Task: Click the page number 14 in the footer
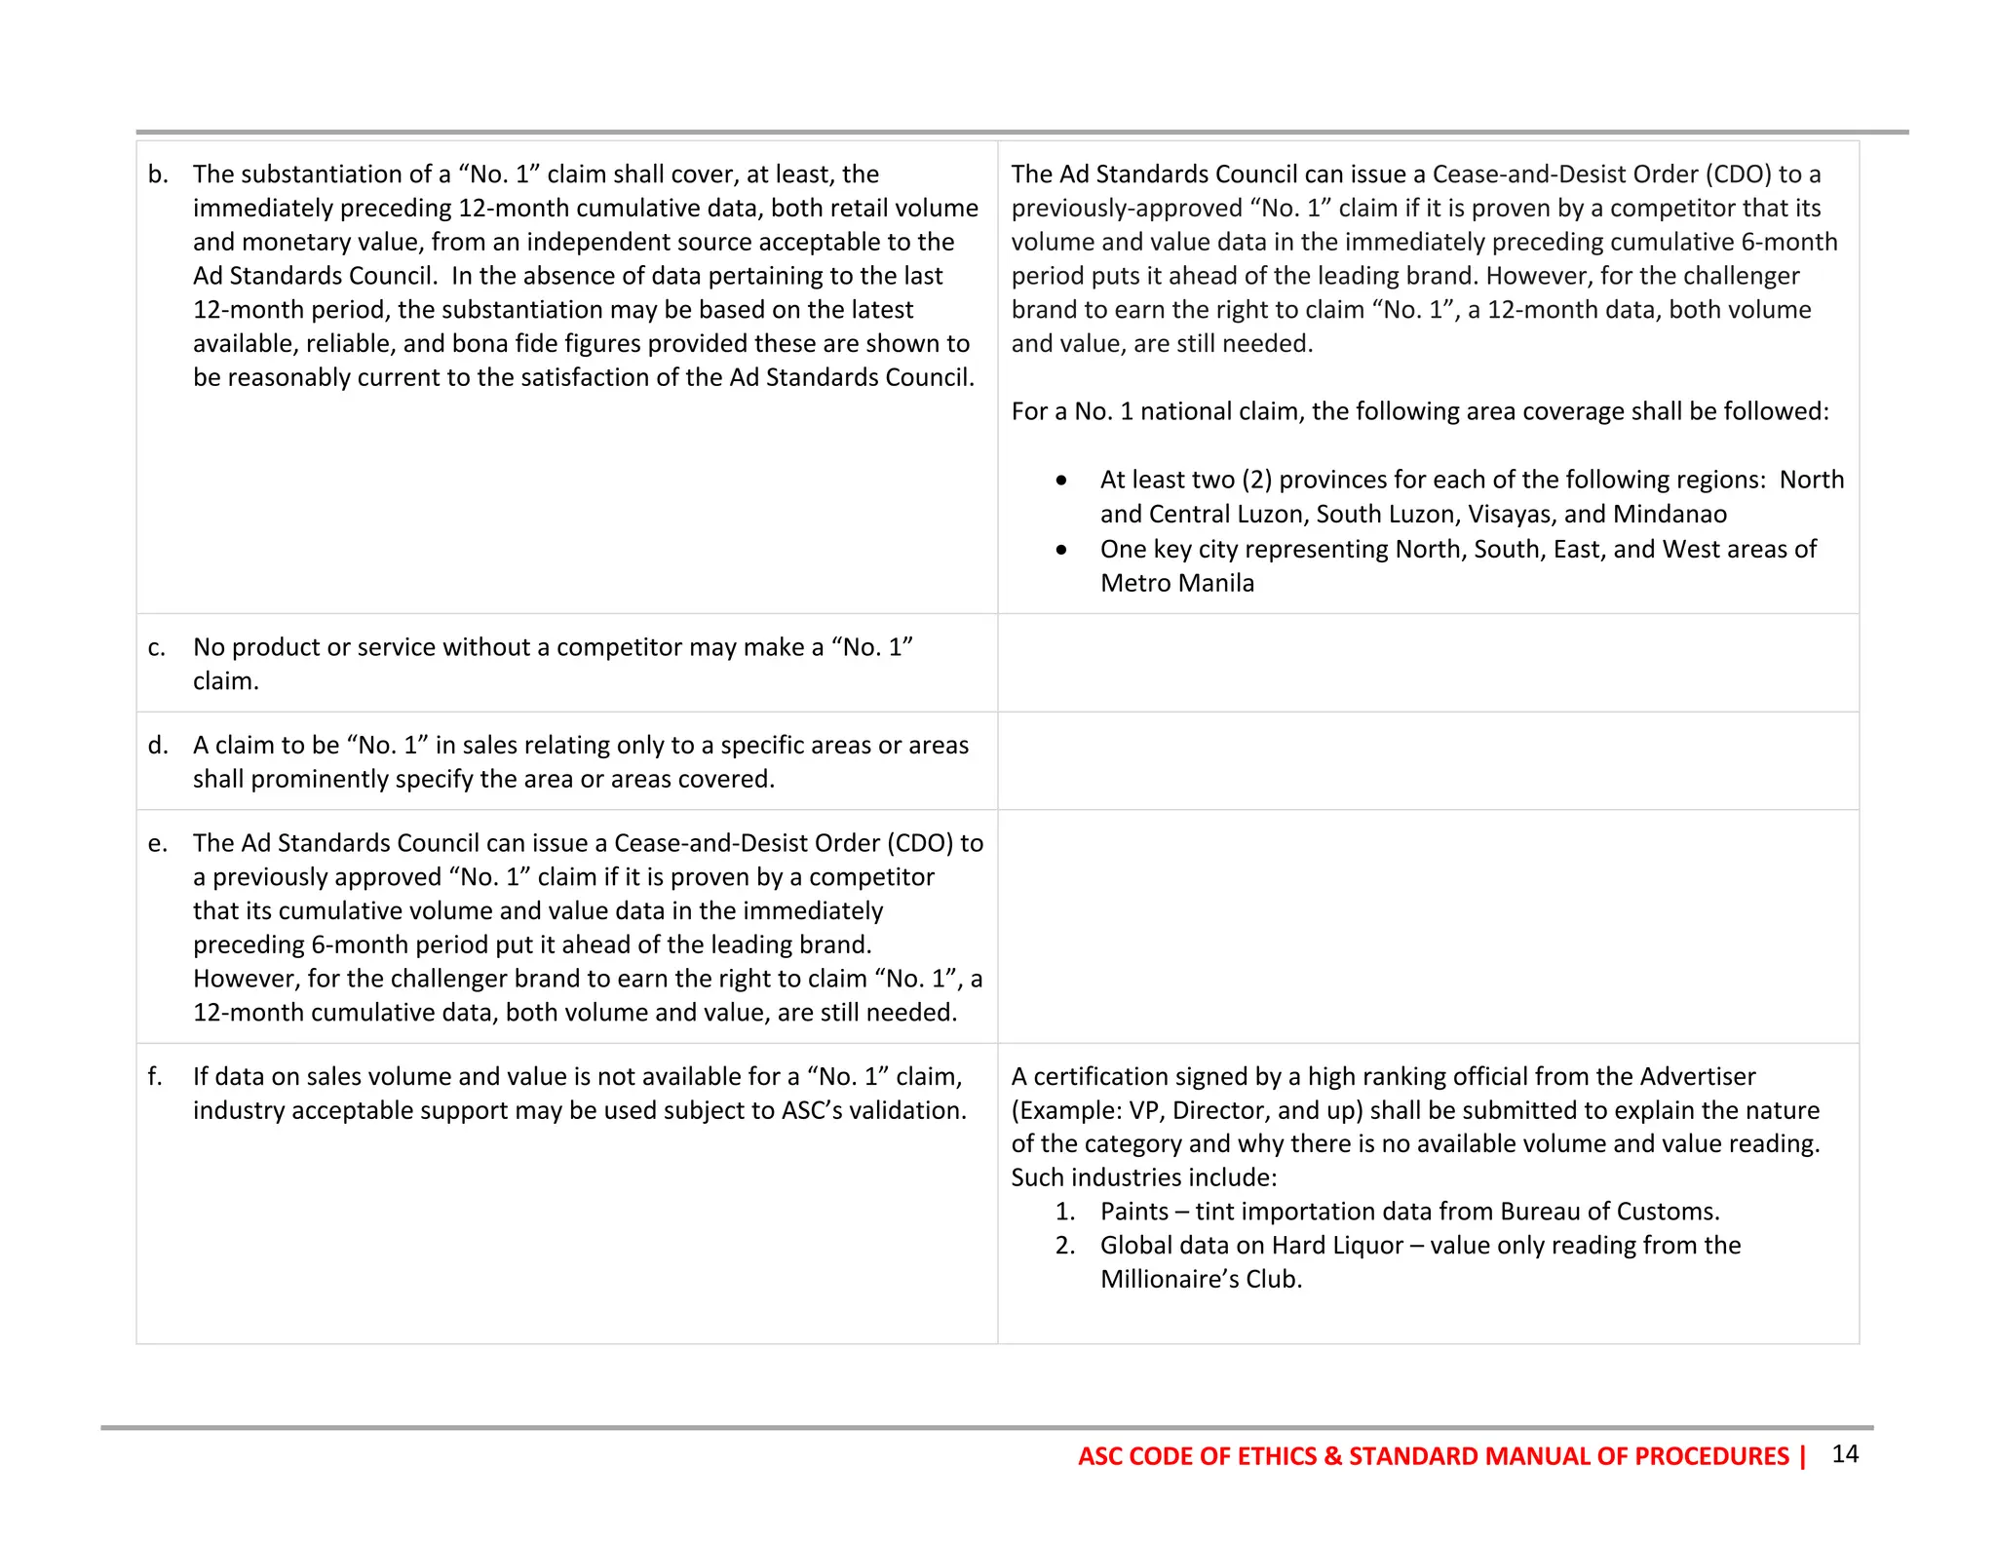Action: point(1844,1454)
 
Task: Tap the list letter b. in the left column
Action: point(158,174)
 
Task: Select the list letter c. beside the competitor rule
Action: point(157,647)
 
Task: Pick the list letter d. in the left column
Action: point(158,746)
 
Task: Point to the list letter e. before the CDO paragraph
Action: point(158,843)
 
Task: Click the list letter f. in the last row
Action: point(155,1077)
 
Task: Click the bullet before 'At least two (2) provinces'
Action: point(1061,481)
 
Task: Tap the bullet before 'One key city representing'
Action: point(1061,550)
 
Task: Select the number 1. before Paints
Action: point(1065,1212)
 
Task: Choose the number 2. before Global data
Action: point(1065,1246)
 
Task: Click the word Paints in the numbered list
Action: point(1133,1212)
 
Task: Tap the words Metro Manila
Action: point(1176,584)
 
